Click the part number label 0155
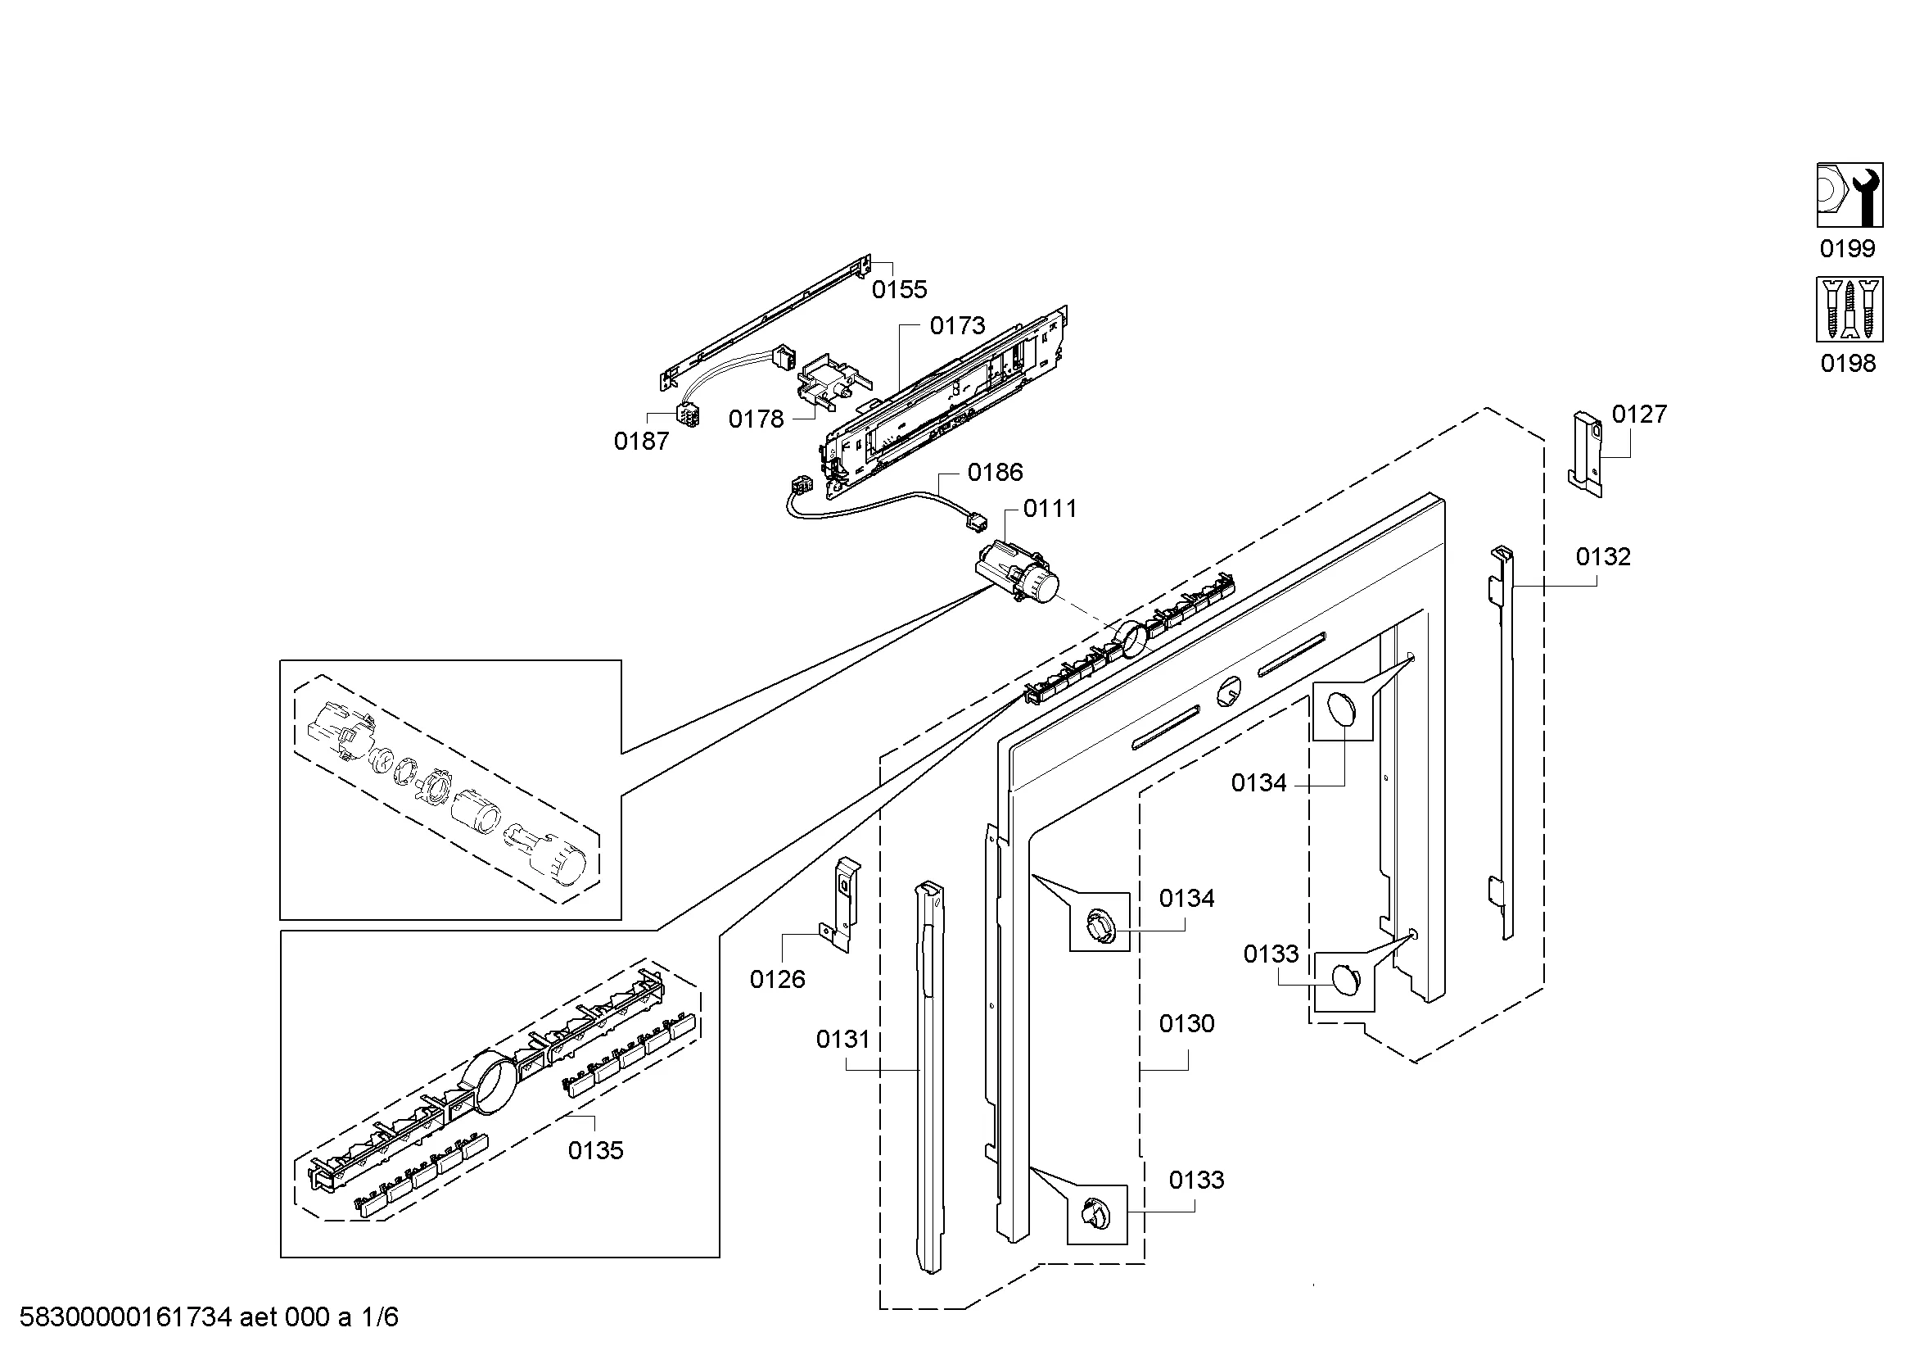(x=899, y=289)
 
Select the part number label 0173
(x=958, y=325)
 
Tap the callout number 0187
(x=641, y=442)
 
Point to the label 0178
(x=757, y=419)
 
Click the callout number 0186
(x=995, y=472)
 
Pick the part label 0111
(x=1050, y=508)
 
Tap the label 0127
(x=1639, y=414)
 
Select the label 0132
(x=1603, y=556)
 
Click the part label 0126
(x=777, y=980)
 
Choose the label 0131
(x=843, y=1039)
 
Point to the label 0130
(x=1187, y=1023)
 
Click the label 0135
(x=595, y=1150)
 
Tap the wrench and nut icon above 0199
(x=1850, y=195)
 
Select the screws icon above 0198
(x=1850, y=310)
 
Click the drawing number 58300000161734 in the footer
(x=125, y=1316)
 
